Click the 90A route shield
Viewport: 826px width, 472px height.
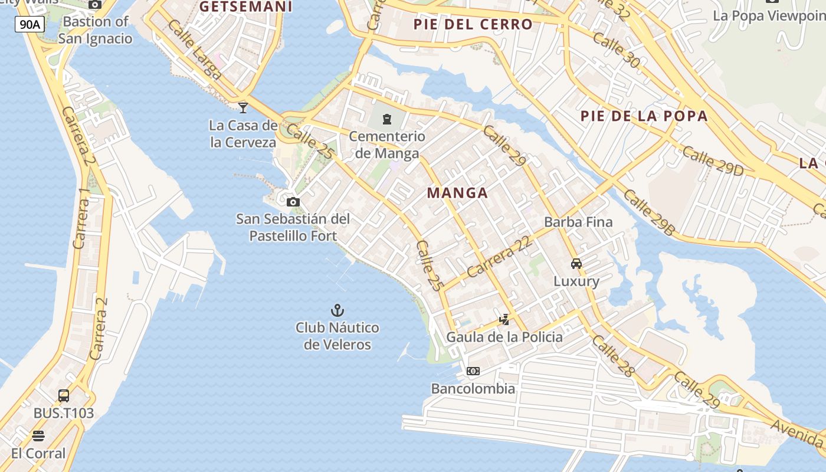tap(29, 24)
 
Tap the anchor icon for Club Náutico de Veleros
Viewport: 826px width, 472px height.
tap(337, 310)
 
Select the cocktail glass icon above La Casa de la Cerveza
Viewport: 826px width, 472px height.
tap(242, 107)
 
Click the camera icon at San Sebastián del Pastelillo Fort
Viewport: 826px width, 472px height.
tap(293, 202)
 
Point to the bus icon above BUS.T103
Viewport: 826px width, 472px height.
tap(64, 396)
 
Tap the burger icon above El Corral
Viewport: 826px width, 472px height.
tap(38, 436)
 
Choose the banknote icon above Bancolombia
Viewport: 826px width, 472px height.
tap(473, 371)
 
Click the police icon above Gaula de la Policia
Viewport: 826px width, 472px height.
tap(504, 320)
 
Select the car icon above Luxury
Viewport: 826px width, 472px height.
tap(576, 264)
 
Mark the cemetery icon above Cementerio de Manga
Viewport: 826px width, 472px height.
tap(387, 119)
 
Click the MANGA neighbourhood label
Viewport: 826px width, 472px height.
tap(457, 193)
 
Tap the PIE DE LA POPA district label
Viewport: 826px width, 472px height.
tap(644, 116)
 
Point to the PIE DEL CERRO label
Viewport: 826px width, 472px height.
tap(473, 24)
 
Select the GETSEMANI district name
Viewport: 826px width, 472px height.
tap(246, 6)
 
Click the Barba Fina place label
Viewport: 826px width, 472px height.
tap(578, 222)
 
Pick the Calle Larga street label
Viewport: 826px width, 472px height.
tap(194, 50)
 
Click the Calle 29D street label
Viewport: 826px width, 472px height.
tap(713, 161)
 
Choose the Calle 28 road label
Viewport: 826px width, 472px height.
tap(613, 356)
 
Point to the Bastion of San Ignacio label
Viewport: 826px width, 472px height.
tap(95, 30)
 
